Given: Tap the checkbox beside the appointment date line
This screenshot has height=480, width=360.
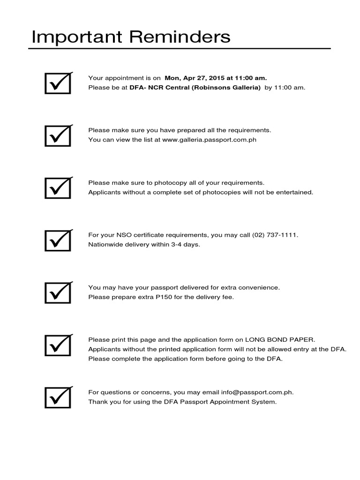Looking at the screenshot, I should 58,83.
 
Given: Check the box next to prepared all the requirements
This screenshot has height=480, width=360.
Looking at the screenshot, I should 58,135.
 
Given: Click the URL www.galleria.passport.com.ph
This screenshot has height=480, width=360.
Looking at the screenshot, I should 209,140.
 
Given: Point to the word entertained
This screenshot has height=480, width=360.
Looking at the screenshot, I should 295,192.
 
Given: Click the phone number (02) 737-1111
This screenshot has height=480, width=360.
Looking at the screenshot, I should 275,235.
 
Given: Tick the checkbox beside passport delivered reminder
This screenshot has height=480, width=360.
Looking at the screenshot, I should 58,292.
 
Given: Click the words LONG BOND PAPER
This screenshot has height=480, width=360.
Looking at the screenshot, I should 280,340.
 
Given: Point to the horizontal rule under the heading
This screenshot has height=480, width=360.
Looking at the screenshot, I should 180,48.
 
